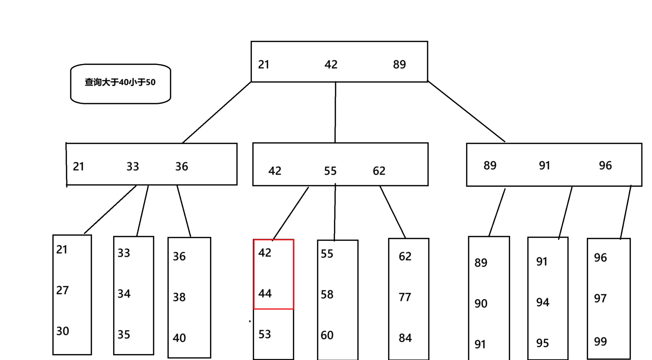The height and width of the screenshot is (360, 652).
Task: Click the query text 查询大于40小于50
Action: pos(120,82)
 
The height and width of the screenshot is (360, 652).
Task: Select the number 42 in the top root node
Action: pos(331,65)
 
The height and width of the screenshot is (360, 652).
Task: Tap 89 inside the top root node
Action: pos(399,65)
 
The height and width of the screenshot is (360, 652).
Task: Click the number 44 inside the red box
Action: pos(265,294)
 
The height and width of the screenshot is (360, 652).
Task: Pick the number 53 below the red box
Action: pos(264,334)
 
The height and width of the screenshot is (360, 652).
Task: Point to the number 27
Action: pos(62,290)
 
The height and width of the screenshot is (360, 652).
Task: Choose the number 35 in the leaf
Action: pos(124,335)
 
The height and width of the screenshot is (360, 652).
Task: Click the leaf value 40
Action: pos(179,338)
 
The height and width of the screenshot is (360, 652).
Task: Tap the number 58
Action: pos(327,295)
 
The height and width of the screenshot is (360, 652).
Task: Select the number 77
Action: pos(405,297)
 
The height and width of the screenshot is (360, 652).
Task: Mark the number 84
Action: pos(405,338)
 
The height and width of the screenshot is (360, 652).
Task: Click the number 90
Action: pos(481,304)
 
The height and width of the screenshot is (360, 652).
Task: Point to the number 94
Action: pos(543,302)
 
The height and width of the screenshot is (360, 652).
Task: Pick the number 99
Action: pos(600,342)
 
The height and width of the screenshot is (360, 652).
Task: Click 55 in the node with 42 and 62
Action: pos(330,171)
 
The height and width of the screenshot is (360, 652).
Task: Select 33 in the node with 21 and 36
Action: pos(133,166)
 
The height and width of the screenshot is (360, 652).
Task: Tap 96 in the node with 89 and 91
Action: pos(605,166)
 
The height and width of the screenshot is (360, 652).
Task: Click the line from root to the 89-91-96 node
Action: pos(466,111)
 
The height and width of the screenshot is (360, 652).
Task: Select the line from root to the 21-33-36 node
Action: pos(217,112)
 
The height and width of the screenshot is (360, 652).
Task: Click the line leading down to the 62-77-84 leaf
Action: pos(393,212)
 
